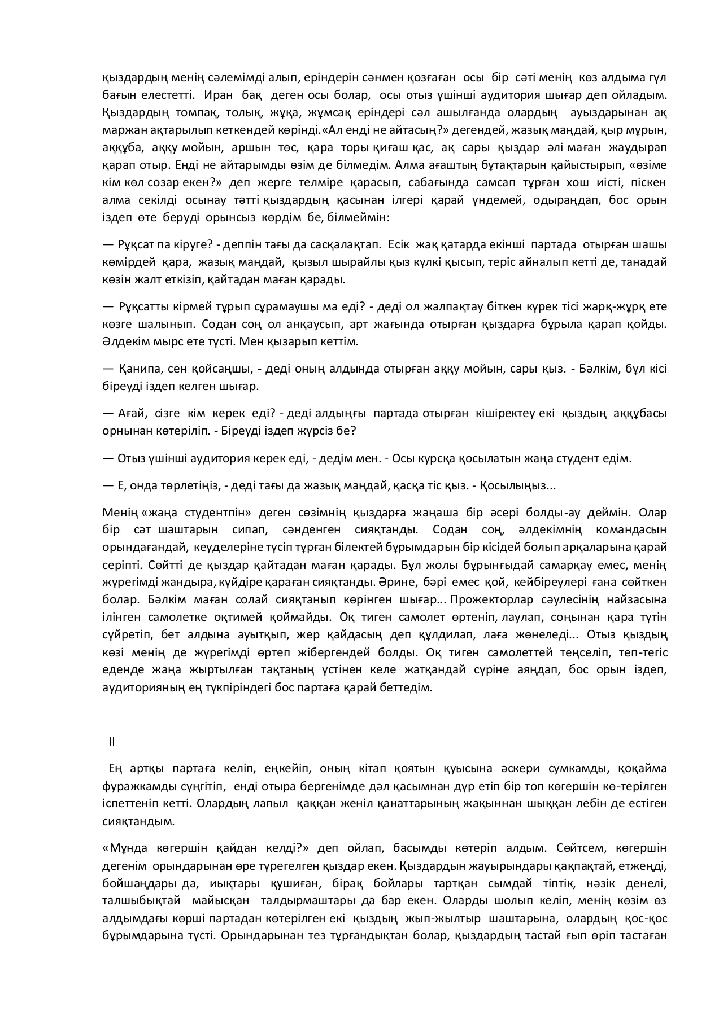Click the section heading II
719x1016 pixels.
[112, 742]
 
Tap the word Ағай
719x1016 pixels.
[132, 413]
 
